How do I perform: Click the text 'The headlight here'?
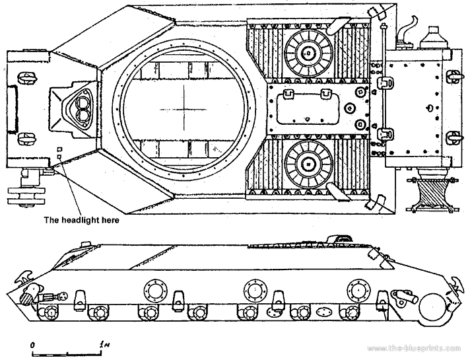coord(81,220)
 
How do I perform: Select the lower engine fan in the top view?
coord(308,162)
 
